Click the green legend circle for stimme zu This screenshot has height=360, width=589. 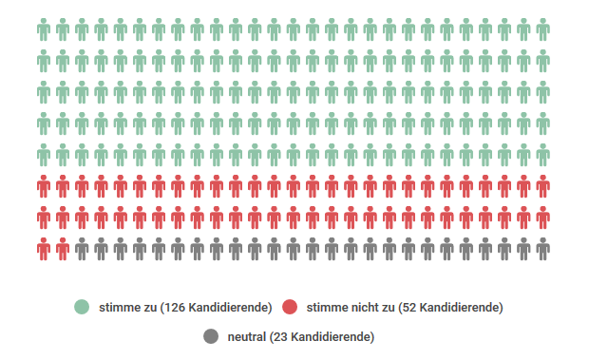82,307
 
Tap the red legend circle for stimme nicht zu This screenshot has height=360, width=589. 291,307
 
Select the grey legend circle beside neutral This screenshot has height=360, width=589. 211,336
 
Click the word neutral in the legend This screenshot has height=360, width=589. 246,337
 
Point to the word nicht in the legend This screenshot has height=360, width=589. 362,308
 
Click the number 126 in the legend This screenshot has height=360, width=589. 174,308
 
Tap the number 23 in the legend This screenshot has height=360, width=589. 281,337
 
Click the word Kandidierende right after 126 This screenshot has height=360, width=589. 229,308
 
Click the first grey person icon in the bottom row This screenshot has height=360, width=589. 82,249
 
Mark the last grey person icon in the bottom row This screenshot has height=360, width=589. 542,249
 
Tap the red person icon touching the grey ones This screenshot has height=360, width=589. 63,249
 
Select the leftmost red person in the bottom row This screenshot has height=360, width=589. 44,249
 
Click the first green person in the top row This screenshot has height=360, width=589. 44,31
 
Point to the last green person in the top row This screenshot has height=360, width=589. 542,31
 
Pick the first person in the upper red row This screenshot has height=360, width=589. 44,186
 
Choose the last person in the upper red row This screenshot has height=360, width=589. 542,186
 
